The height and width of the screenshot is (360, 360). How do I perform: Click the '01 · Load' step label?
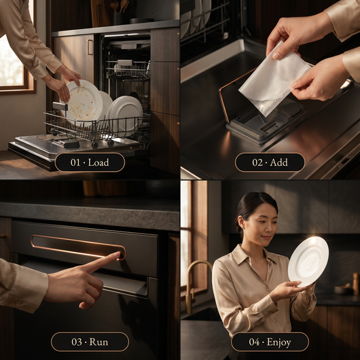click(x=90, y=162)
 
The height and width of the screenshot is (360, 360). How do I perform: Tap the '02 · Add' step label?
click(x=270, y=162)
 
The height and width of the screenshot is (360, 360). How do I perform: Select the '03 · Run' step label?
click(x=90, y=342)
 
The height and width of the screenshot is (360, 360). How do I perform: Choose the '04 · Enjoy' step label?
click(x=270, y=342)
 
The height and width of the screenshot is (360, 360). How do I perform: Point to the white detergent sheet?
click(x=274, y=79)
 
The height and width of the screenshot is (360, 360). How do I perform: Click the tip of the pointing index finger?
click(x=119, y=253)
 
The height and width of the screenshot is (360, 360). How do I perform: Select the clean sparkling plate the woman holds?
click(x=308, y=262)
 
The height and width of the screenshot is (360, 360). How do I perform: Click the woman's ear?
click(x=241, y=222)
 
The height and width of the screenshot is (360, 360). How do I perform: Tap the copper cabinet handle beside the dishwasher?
click(x=90, y=47)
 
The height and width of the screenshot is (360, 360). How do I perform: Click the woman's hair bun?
click(x=238, y=228)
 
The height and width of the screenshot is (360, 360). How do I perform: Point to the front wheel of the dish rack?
click(x=94, y=145)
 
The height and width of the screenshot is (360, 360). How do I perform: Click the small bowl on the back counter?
click(x=344, y=290)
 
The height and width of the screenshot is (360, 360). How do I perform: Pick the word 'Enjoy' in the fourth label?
click(x=278, y=342)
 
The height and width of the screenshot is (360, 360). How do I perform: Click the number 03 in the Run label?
click(x=77, y=342)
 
